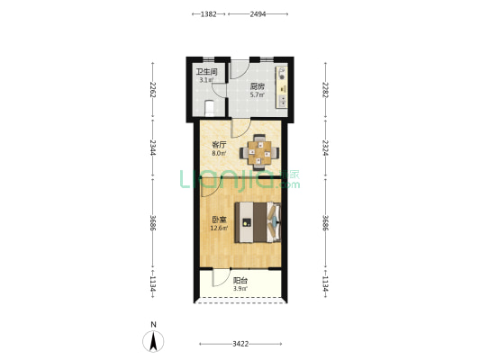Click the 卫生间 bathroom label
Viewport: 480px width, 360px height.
pos(206,72)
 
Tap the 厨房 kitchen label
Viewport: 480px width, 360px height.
pos(258,86)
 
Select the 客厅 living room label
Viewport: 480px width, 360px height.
pos(219,145)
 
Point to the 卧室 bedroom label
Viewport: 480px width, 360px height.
pos(219,220)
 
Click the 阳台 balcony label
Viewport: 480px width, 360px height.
pos(240,281)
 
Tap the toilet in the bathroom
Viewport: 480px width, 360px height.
pos(209,108)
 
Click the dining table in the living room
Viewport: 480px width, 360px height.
pos(259,152)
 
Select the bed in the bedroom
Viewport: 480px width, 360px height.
pos(258,222)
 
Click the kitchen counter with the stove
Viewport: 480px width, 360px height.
pos(282,87)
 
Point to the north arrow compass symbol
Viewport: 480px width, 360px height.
pos(153,341)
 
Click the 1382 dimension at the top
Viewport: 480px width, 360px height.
pos(208,14)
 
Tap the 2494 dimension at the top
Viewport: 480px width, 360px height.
pos(258,14)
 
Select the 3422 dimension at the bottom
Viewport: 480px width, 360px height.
pos(240,344)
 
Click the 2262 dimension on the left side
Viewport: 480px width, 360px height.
pos(153,90)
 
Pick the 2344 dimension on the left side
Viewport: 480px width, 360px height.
pos(153,148)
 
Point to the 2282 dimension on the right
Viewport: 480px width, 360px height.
pos(325,90)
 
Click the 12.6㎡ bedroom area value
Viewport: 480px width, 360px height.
pos(219,228)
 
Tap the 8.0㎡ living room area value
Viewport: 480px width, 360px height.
pos(219,154)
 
